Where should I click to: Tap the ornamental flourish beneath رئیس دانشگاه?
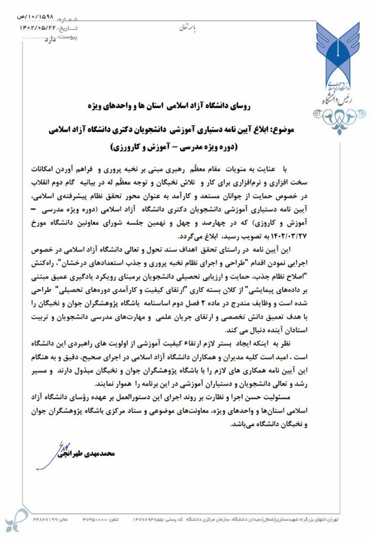[x=340, y=114]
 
